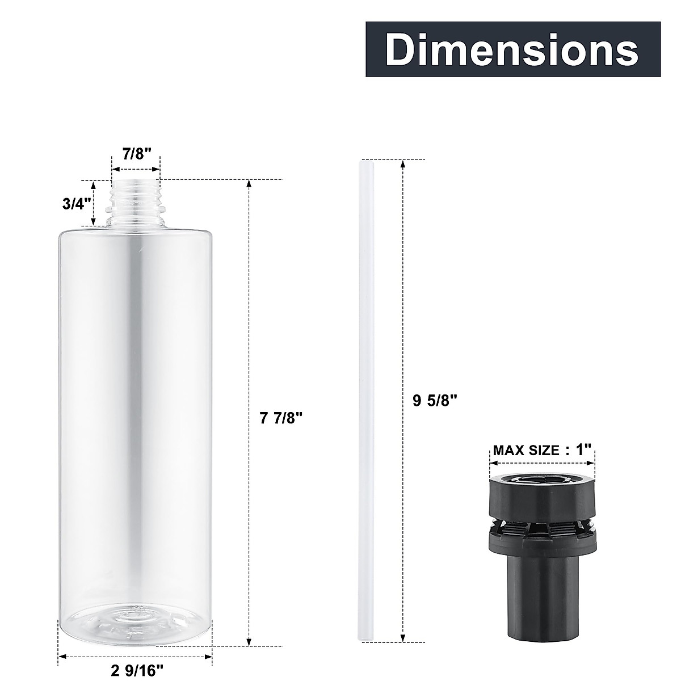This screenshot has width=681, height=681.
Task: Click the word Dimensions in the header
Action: pyautogui.click(x=512, y=50)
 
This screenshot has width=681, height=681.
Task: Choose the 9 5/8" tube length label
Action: pyautogui.click(x=435, y=401)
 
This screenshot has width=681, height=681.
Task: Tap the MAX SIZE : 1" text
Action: pyautogui.click(x=541, y=451)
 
